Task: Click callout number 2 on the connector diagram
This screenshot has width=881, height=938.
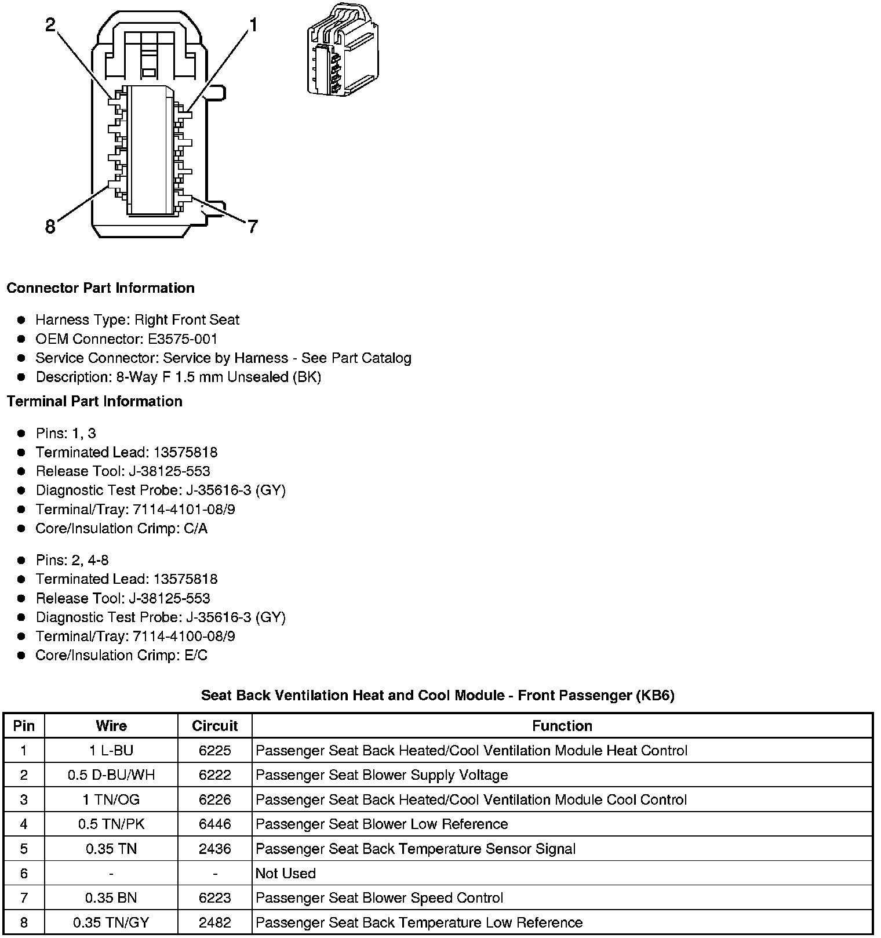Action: [x=50, y=25]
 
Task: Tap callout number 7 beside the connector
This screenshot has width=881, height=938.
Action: [x=252, y=227]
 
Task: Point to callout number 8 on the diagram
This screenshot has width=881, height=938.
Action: [x=50, y=226]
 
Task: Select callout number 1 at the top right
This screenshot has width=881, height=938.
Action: [x=252, y=25]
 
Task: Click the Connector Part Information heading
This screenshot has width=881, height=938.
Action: [x=100, y=288]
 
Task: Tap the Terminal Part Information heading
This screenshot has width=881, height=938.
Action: [x=94, y=401]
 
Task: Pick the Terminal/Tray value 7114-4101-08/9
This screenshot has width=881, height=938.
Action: [x=184, y=510]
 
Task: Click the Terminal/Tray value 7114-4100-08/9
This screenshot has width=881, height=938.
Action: [x=184, y=636]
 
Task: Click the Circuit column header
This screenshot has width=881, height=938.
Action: [x=215, y=726]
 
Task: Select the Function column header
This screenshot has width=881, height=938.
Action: [x=562, y=726]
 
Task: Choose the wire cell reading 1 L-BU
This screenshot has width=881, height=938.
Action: [x=111, y=751]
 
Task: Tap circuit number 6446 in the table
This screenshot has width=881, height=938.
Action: [x=215, y=824]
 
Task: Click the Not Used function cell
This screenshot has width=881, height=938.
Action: [x=286, y=873]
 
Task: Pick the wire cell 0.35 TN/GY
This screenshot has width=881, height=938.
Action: [x=111, y=922]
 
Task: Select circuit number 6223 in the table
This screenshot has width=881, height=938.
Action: [x=215, y=897]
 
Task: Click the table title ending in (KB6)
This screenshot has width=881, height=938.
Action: [x=438, y=695]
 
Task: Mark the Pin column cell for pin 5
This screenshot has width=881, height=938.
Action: [x=24, y=849]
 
